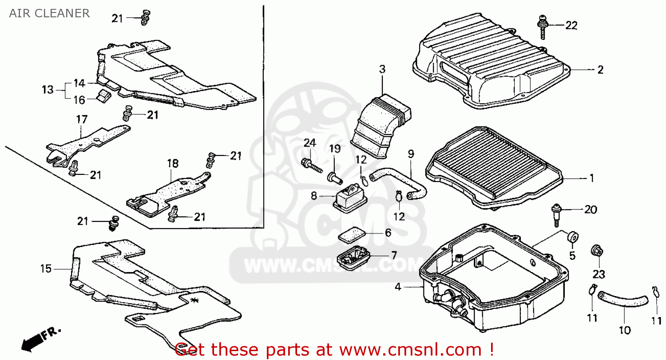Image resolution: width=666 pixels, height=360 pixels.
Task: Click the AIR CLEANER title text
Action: pyautogui.click(x=49, y=13)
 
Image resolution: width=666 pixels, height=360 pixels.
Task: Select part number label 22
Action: pyautogui.click(x=571, y=26)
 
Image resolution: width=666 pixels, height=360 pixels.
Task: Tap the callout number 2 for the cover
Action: pyautogui.click(x=600, y=70)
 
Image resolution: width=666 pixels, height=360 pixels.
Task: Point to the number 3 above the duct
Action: pyautogui.click(x=382, y=69)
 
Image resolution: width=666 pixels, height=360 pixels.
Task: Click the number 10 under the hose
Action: pyautogui.click(x=624, y=330)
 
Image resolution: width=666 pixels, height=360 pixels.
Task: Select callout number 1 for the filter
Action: pyautogui.click(x=591, y=178)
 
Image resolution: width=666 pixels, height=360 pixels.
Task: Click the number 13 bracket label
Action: pyautogui.click(x=48, y=90)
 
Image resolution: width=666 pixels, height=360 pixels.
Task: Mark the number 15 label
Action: pyautogui.click(x=46, y=269)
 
